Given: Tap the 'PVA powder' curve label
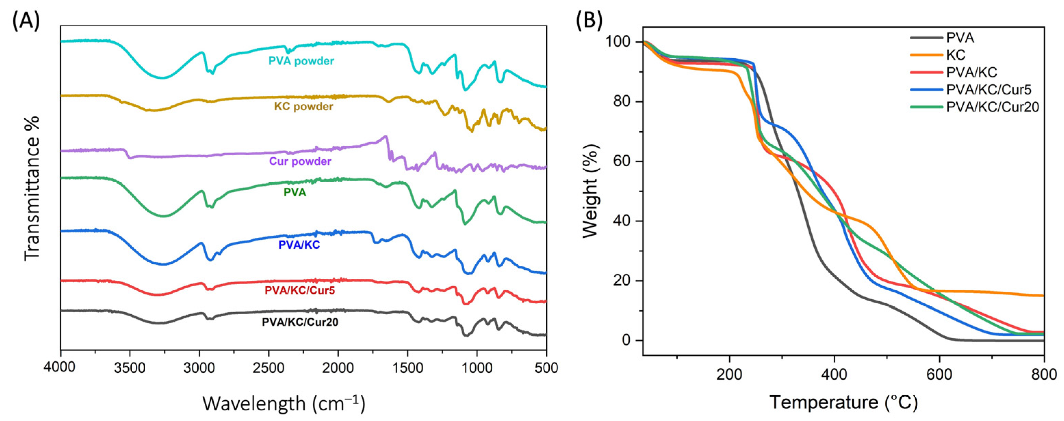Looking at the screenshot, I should click(x=301, y=61).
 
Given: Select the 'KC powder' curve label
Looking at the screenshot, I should click(x=304, y=107).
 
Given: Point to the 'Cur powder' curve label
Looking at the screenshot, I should click(x=300, y=161).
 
